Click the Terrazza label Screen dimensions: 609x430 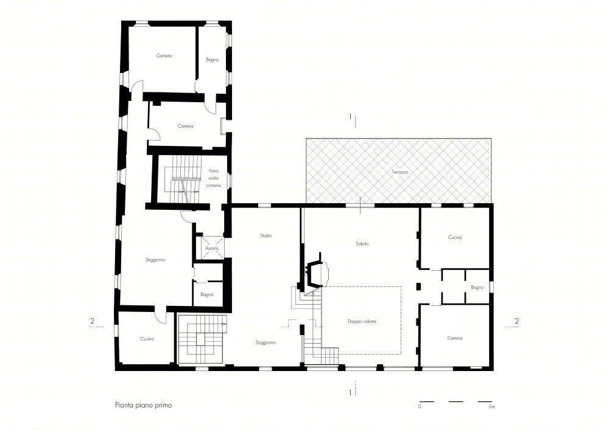pos(400,172)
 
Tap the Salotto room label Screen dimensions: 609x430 pos(362,243)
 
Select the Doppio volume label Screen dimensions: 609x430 pos(362,321)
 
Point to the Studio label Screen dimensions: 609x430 pos(266,235)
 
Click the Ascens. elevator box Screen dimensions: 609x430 pos(213,248)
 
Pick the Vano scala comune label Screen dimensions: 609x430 pos(213,178)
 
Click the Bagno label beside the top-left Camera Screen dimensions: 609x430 pos(213,60)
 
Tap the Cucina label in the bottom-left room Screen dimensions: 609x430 pos(147,339)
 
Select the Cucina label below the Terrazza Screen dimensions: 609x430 pos(455,237)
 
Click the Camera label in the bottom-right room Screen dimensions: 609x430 pos(455,338)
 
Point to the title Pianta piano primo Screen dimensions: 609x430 pos(143,405)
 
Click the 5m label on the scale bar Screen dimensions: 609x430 pos(492,407)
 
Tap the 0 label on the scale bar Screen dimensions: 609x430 pos(420,407)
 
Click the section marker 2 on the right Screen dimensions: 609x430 pos(516,321)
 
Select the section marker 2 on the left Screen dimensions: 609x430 pos(92,321)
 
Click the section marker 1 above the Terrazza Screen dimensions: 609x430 pos(350,117)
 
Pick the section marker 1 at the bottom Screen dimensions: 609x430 pos(350,393)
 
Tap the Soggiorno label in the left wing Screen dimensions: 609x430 pos(155,260)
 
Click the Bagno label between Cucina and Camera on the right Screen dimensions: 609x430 pos(477,287)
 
